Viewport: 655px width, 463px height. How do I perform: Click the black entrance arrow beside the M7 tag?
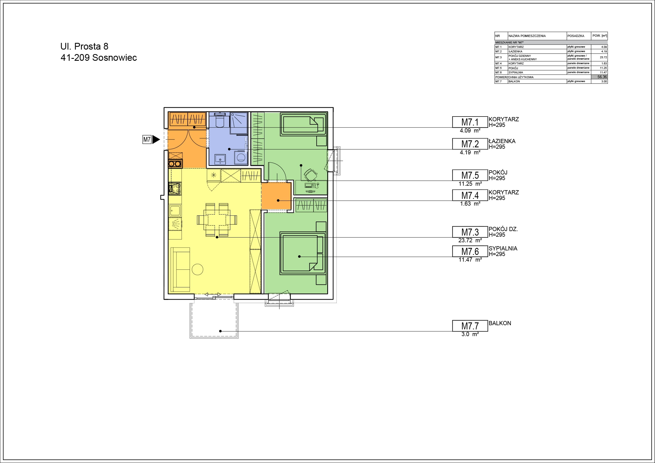point(156,139)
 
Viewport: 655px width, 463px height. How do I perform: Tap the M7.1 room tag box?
point(470,122)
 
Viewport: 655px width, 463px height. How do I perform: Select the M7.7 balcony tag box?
point(470,326)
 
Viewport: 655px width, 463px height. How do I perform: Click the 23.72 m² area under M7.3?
point(470,241)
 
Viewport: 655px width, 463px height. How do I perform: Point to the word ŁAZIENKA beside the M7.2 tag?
point(502,141)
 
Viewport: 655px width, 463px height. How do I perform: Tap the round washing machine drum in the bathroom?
point(241,157)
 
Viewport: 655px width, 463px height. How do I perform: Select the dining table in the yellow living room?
point(217,220)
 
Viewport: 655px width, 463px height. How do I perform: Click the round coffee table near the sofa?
point(198,269)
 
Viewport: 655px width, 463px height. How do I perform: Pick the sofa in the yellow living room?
point(180,269)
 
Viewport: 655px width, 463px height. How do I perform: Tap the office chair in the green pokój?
point(310,175)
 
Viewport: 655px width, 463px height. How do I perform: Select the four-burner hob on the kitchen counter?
point(175,189)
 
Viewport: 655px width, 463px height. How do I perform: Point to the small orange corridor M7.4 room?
point(276,196)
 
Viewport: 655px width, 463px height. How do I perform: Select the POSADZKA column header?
point(576,36)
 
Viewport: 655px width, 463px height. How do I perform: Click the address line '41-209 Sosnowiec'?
point(99,58)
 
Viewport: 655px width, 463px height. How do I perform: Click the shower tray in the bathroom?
point(239,123)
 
